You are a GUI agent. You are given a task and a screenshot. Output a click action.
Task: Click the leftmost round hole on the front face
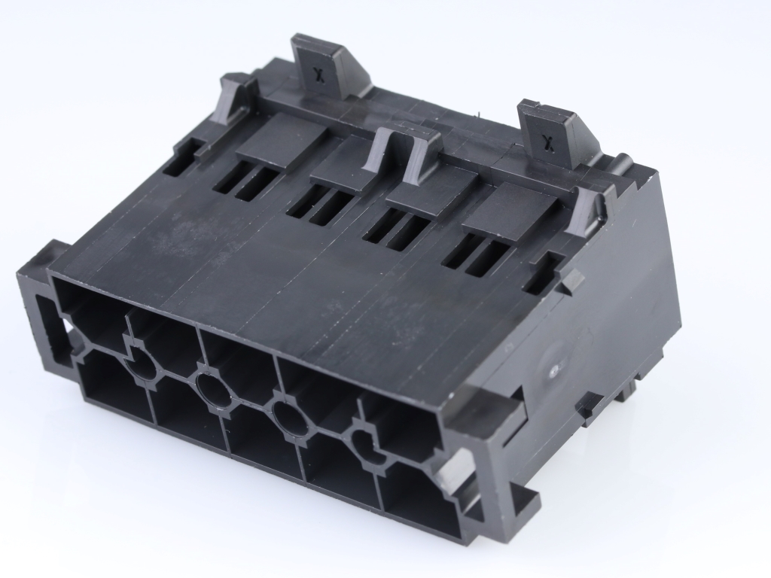point(143,369)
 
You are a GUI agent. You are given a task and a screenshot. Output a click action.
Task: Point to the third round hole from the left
point(290,418)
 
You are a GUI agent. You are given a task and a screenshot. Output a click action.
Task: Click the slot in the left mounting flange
point(46,316)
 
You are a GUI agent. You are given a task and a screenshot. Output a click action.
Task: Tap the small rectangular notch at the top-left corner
point(181,157)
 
